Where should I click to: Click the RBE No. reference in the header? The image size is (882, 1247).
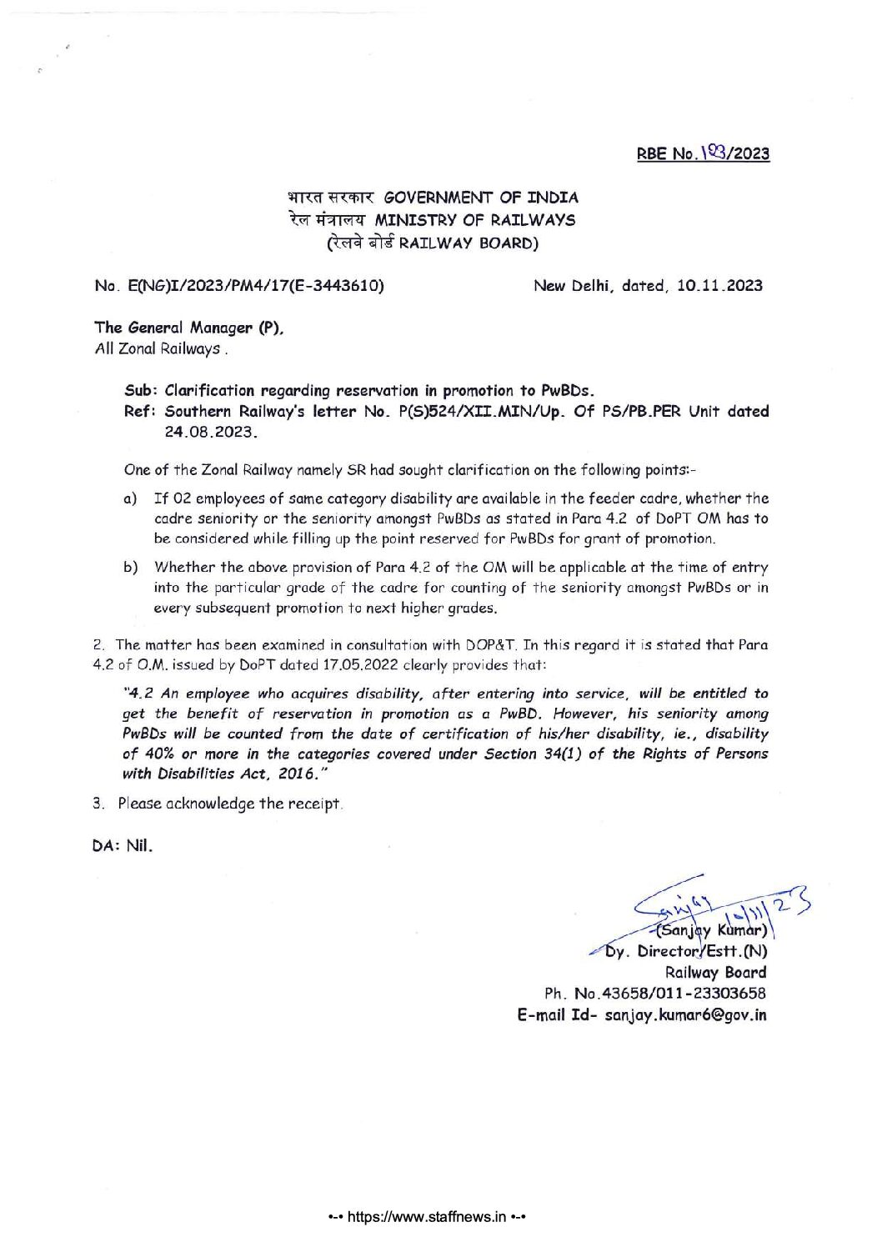click(x=703, y=153)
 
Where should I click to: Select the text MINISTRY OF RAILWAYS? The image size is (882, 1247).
click(x=475, y=220)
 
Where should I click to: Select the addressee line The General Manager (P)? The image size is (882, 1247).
click(x=190, y=328)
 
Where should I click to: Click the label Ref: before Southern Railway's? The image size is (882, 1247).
click(x=141, y=411)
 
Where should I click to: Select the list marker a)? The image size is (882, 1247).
click(x=130, y=498)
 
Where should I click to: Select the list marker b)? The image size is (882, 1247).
click(x=130, y=568)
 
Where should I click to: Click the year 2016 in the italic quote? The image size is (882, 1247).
click(x=296, y=774)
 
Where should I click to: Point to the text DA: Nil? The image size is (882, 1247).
click(x=123, y=845)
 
